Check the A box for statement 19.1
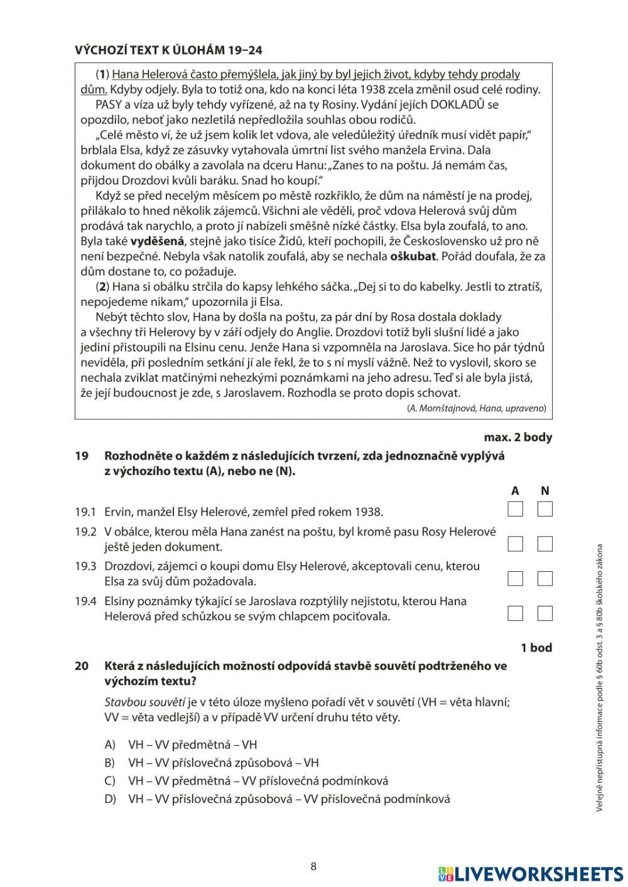(x=515, y=508)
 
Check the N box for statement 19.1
(x=545, y=508)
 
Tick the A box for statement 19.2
(x=515, y=544)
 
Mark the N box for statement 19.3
(x=545, y=578)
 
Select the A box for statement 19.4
(x=515, y=613)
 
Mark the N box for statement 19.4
(x=545, y=613)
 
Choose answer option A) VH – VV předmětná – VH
(x=192, y=745)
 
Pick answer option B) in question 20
(x=223, y=763)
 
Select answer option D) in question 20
(x=289, y=799)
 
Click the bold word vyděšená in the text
(x=158, y=241)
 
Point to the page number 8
(x=313, y=867)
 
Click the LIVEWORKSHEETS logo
(x=531, y=874)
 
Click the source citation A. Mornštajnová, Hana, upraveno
(x=477, y=408)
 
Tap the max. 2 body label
(x=518, y=437)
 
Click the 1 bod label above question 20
(x=536, y=647)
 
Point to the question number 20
(x=81, y=665)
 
